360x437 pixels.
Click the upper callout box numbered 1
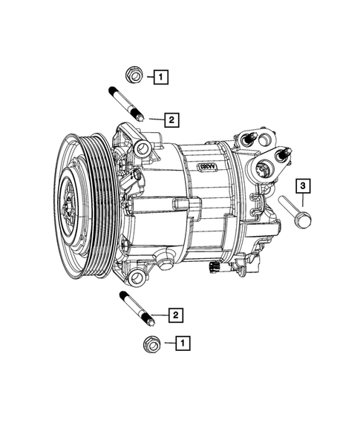coord(161,75)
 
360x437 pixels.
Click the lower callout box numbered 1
coord(182,343)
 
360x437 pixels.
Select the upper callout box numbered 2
coord(171,119)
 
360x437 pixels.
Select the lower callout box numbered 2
coord(174,316)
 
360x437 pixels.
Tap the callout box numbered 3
coord(303,185)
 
